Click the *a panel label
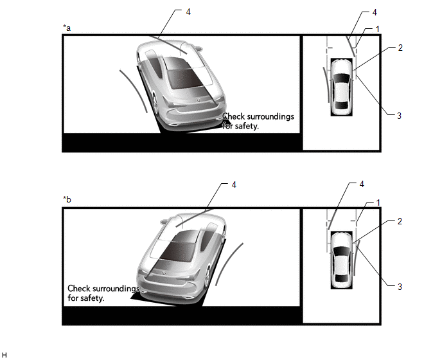click(67, 28)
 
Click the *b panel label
click(67, 199)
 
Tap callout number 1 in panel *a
click(378, 29)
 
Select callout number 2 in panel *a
click(400, 48)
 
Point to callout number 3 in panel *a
click(399, 115)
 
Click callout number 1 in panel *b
click(378, 203)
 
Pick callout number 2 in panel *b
click(400, 221)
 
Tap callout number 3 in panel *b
click(400, 287)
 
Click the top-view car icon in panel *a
click(341, 87)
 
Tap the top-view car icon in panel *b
click(341, 260)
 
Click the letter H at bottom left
click(4, 355)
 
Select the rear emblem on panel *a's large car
click(199, 100)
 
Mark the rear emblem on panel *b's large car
click(163, 273)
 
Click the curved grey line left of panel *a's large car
click(134, 90)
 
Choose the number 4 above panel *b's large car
click(234, 184)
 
